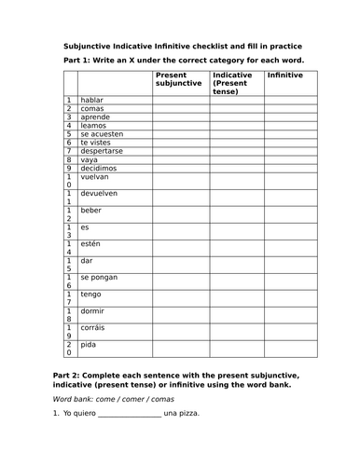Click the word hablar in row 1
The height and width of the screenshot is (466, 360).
pyautogui.click(x=91, y=100)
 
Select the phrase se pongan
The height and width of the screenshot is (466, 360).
pyautogui.click(x=99, y=278)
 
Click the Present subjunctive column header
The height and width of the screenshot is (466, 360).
pyautogui.click(x=178, y=79)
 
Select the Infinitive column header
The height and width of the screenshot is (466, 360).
pyautogui.click(x=284, y=75)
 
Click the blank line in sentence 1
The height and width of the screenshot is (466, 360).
pyautogui.click(x=128, y=440)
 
